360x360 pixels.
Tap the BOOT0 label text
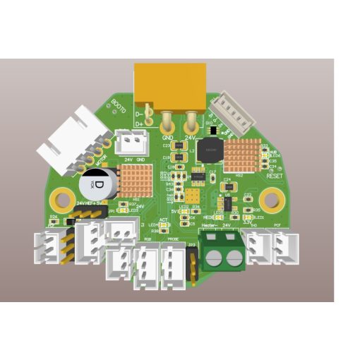coord(119,109)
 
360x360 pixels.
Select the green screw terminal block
coord(223,251)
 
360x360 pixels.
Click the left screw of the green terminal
coord(213,258)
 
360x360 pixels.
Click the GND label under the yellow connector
coord(167,137)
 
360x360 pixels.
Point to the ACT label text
coord(163,220)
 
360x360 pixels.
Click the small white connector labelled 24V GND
coord(128,143)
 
